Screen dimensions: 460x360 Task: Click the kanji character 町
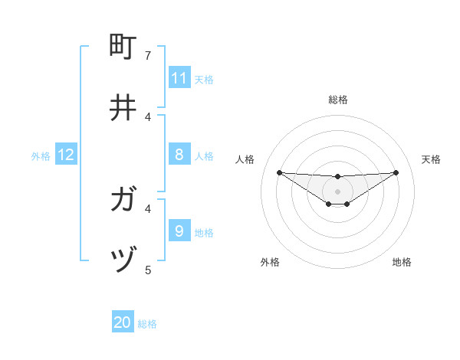click(x=123, y=47)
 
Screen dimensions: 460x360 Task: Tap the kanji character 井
click(x=123, y=107)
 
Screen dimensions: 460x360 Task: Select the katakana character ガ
click(x=123, y=200)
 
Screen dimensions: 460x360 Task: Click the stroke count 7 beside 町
click(x=149, y=56)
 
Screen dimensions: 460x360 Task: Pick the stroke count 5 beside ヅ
click(x=149, y=270)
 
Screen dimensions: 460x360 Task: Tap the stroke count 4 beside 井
click(x=149, y=116)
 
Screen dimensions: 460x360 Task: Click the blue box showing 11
click(x=179, y=78)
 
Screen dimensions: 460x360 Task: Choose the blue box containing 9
click(x=179, y=231)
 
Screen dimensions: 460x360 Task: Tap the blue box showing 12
click(x=66, y=155)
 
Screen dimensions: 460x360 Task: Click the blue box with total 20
click(x=123, y=322)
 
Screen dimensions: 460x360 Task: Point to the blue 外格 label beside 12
click(x=41, y=156)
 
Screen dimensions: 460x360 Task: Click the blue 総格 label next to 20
click(x=147, y=324)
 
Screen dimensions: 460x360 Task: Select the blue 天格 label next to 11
click(x=204, y=79)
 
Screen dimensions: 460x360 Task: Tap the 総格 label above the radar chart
click(x=337, y=100)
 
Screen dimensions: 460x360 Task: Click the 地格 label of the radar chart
click(x=402, y=262)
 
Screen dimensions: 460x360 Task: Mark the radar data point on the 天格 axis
click(x=396, y=172)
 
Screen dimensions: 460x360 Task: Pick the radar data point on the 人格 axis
click(x=279, y=172)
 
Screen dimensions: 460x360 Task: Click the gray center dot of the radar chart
click(x=337, y=191)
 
